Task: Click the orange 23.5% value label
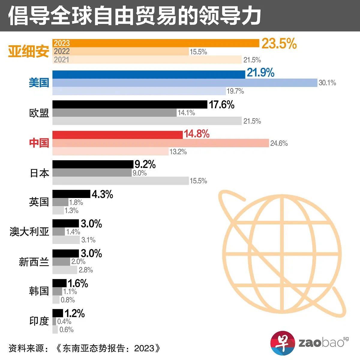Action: (x=279, y=44)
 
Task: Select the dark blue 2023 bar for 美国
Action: (x=149, y=74)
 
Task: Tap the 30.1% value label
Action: (x=327, y=83)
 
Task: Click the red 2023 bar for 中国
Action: (x=118, y=135)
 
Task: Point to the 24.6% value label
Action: (x=279, y=143)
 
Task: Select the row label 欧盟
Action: (x=39, y=113)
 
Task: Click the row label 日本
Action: (x=39, y=173)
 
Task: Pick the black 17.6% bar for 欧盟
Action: (x=130, y=104)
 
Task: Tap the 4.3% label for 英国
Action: (x=102, y=194)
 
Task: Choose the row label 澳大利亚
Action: (x=29, y=232)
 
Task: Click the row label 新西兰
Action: (x=34, y=262)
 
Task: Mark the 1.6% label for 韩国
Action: (x=78, y=283)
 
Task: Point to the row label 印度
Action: (x=39, y=321)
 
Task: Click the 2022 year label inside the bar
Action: (x=61, y=51)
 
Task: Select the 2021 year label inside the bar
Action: (x=61, y=60)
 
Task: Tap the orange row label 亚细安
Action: (x=28, y=52)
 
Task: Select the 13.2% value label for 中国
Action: (x=178, y=152)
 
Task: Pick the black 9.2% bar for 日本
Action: (x=93, y=164)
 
